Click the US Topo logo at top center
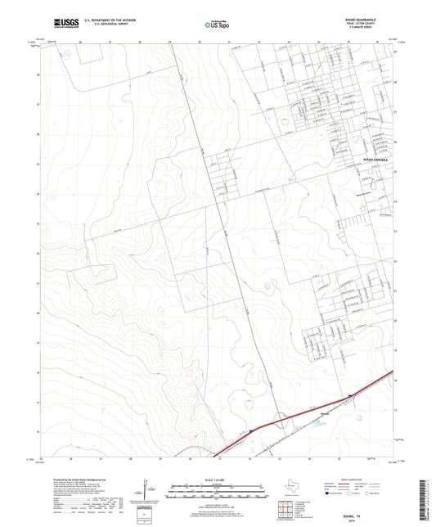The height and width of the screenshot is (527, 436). (x=210, y=26)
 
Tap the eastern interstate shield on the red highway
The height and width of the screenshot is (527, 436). (x=351, y=396)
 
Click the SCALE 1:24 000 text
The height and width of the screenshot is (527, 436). (x=217, y=479)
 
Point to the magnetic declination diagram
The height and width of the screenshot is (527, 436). (x=147, y=489)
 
